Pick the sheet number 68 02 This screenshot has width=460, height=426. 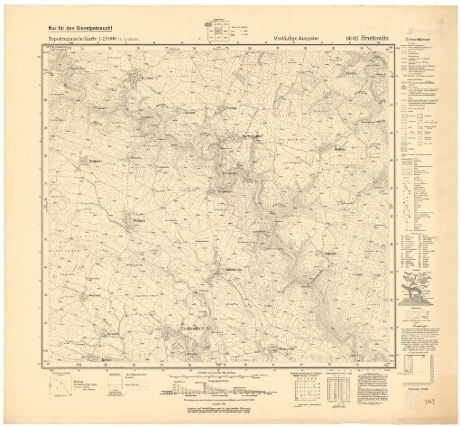[x=351, y=40]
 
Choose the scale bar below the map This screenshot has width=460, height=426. [x=216, y=367]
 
